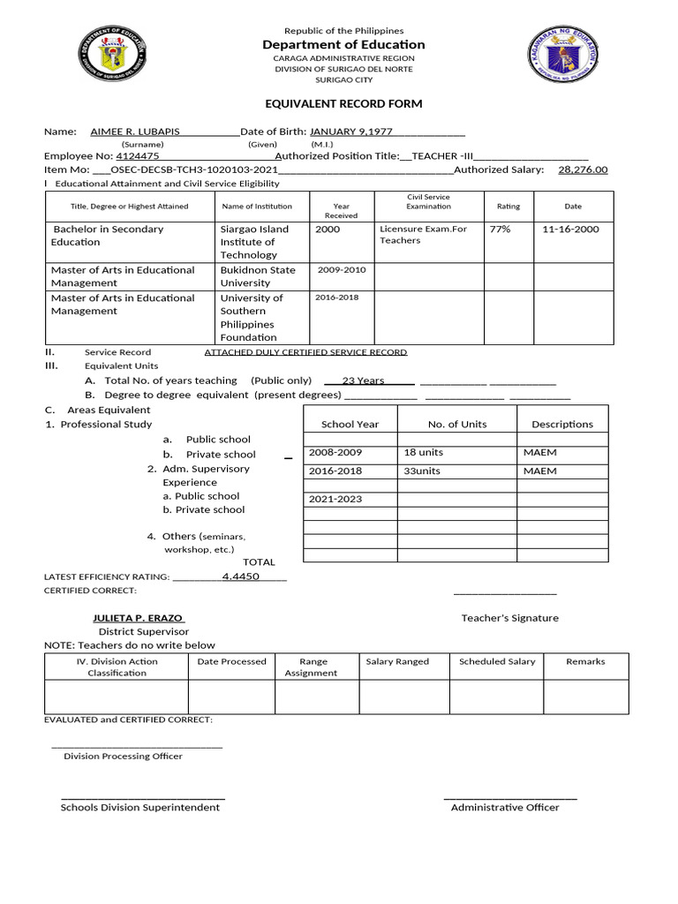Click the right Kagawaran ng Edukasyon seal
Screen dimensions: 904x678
point(562,53)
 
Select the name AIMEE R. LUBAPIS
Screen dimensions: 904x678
point(135,132)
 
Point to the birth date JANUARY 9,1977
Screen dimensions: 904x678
point(350,132)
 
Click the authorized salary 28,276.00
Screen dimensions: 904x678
point(583,169)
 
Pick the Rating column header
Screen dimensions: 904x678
point(508,207)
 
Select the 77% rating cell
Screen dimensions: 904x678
point(500,230)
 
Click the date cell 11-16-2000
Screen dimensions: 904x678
point(571,230)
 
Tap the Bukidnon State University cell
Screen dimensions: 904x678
point(258,276)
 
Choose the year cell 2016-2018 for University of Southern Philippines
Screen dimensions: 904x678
point(337,298)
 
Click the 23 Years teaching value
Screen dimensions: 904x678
point(363,380)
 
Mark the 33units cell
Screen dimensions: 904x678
point(422,471)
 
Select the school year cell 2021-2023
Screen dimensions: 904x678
point(335,499)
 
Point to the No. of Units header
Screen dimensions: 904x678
point(456,424)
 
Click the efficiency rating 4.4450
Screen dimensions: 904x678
point(240,576)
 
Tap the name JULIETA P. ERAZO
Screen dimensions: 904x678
point(138,618)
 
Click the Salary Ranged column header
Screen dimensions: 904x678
point(397,661)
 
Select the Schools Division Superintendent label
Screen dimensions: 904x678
point(139,807)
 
